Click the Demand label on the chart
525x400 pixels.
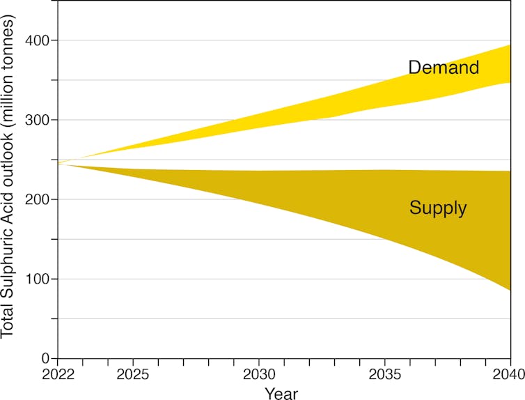click(444, 68)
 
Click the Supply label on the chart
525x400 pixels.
click(438, 208)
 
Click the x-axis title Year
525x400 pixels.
click(281, 394)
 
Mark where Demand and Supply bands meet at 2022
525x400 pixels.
click(58, 163)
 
